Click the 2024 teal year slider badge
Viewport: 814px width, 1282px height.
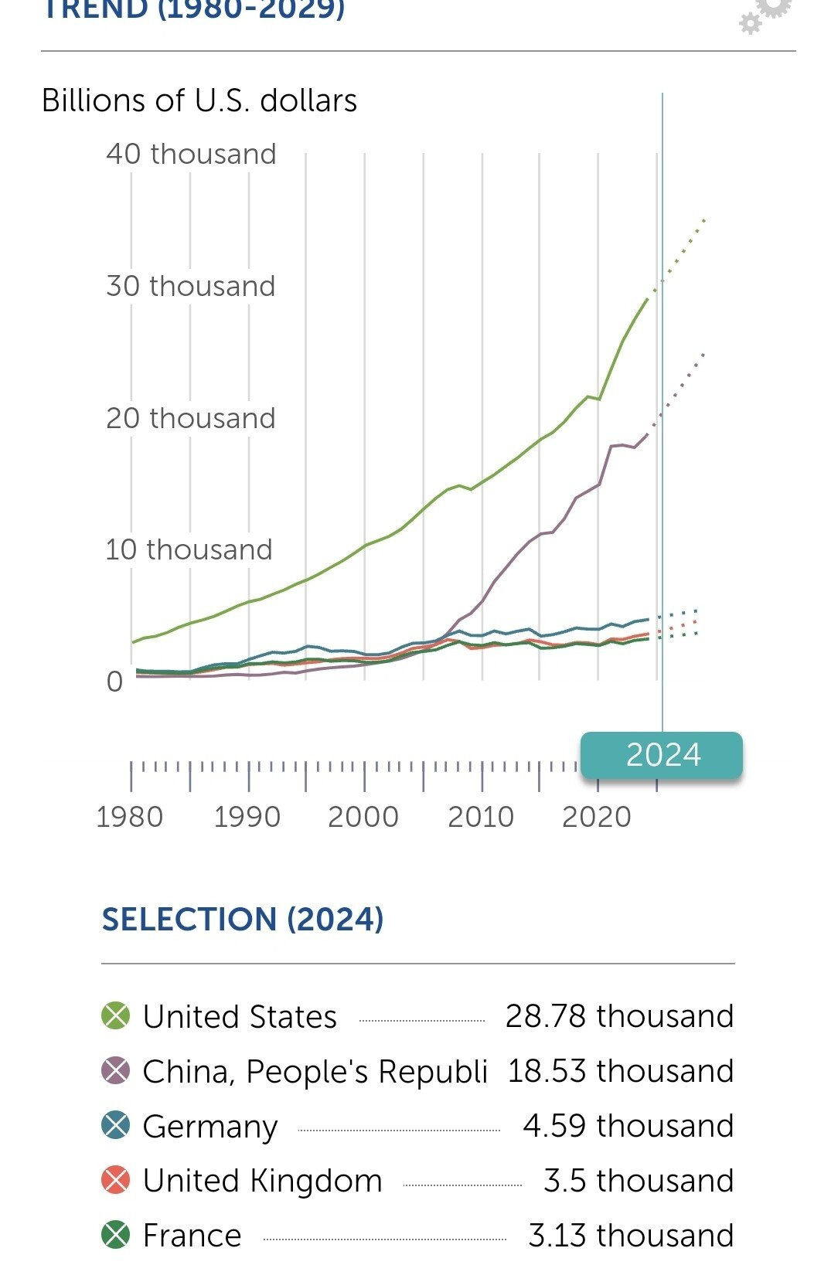point(662,755)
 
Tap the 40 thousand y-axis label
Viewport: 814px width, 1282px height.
point(191,154)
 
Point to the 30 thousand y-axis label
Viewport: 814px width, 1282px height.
point(191,286)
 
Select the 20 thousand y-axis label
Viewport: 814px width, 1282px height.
point(191,418)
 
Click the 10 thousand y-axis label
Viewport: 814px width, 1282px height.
point(189,549)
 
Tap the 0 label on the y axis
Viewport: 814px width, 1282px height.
point(114,682)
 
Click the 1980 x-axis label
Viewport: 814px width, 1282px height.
point(130,817)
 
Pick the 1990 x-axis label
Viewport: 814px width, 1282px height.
point(247,817)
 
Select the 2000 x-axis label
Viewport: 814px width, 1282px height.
point(363,817)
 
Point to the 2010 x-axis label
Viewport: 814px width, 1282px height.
point(481,817)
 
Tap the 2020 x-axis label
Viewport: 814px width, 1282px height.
point(597,817)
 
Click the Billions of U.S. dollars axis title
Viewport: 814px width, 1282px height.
point(199,100)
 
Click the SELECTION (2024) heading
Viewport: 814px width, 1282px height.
point(243,919)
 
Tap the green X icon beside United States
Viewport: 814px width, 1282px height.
point(116,1015)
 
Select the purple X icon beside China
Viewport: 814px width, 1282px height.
point(116,1071)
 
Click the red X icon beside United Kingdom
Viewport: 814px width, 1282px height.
point(116,1181)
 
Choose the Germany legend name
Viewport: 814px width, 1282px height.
point(210,1126)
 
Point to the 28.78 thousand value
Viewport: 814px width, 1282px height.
point(619,1015)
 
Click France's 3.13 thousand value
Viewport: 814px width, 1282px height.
point(631,1235)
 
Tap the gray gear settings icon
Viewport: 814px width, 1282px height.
point(765,14)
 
